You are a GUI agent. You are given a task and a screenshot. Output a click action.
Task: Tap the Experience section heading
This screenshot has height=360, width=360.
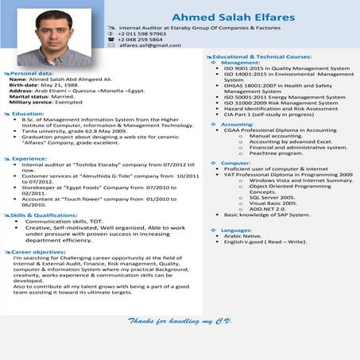click(x=30, y=158)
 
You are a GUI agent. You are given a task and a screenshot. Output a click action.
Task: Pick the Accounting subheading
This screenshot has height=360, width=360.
click(x=237, y=125)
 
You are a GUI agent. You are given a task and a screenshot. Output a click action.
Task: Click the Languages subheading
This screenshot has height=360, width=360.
click(x=236, y=230)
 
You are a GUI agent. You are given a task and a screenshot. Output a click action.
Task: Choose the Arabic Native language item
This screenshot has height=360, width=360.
click(x=242, y=236)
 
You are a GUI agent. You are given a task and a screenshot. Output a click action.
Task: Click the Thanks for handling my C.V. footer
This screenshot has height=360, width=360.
click(x=179, y=320)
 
